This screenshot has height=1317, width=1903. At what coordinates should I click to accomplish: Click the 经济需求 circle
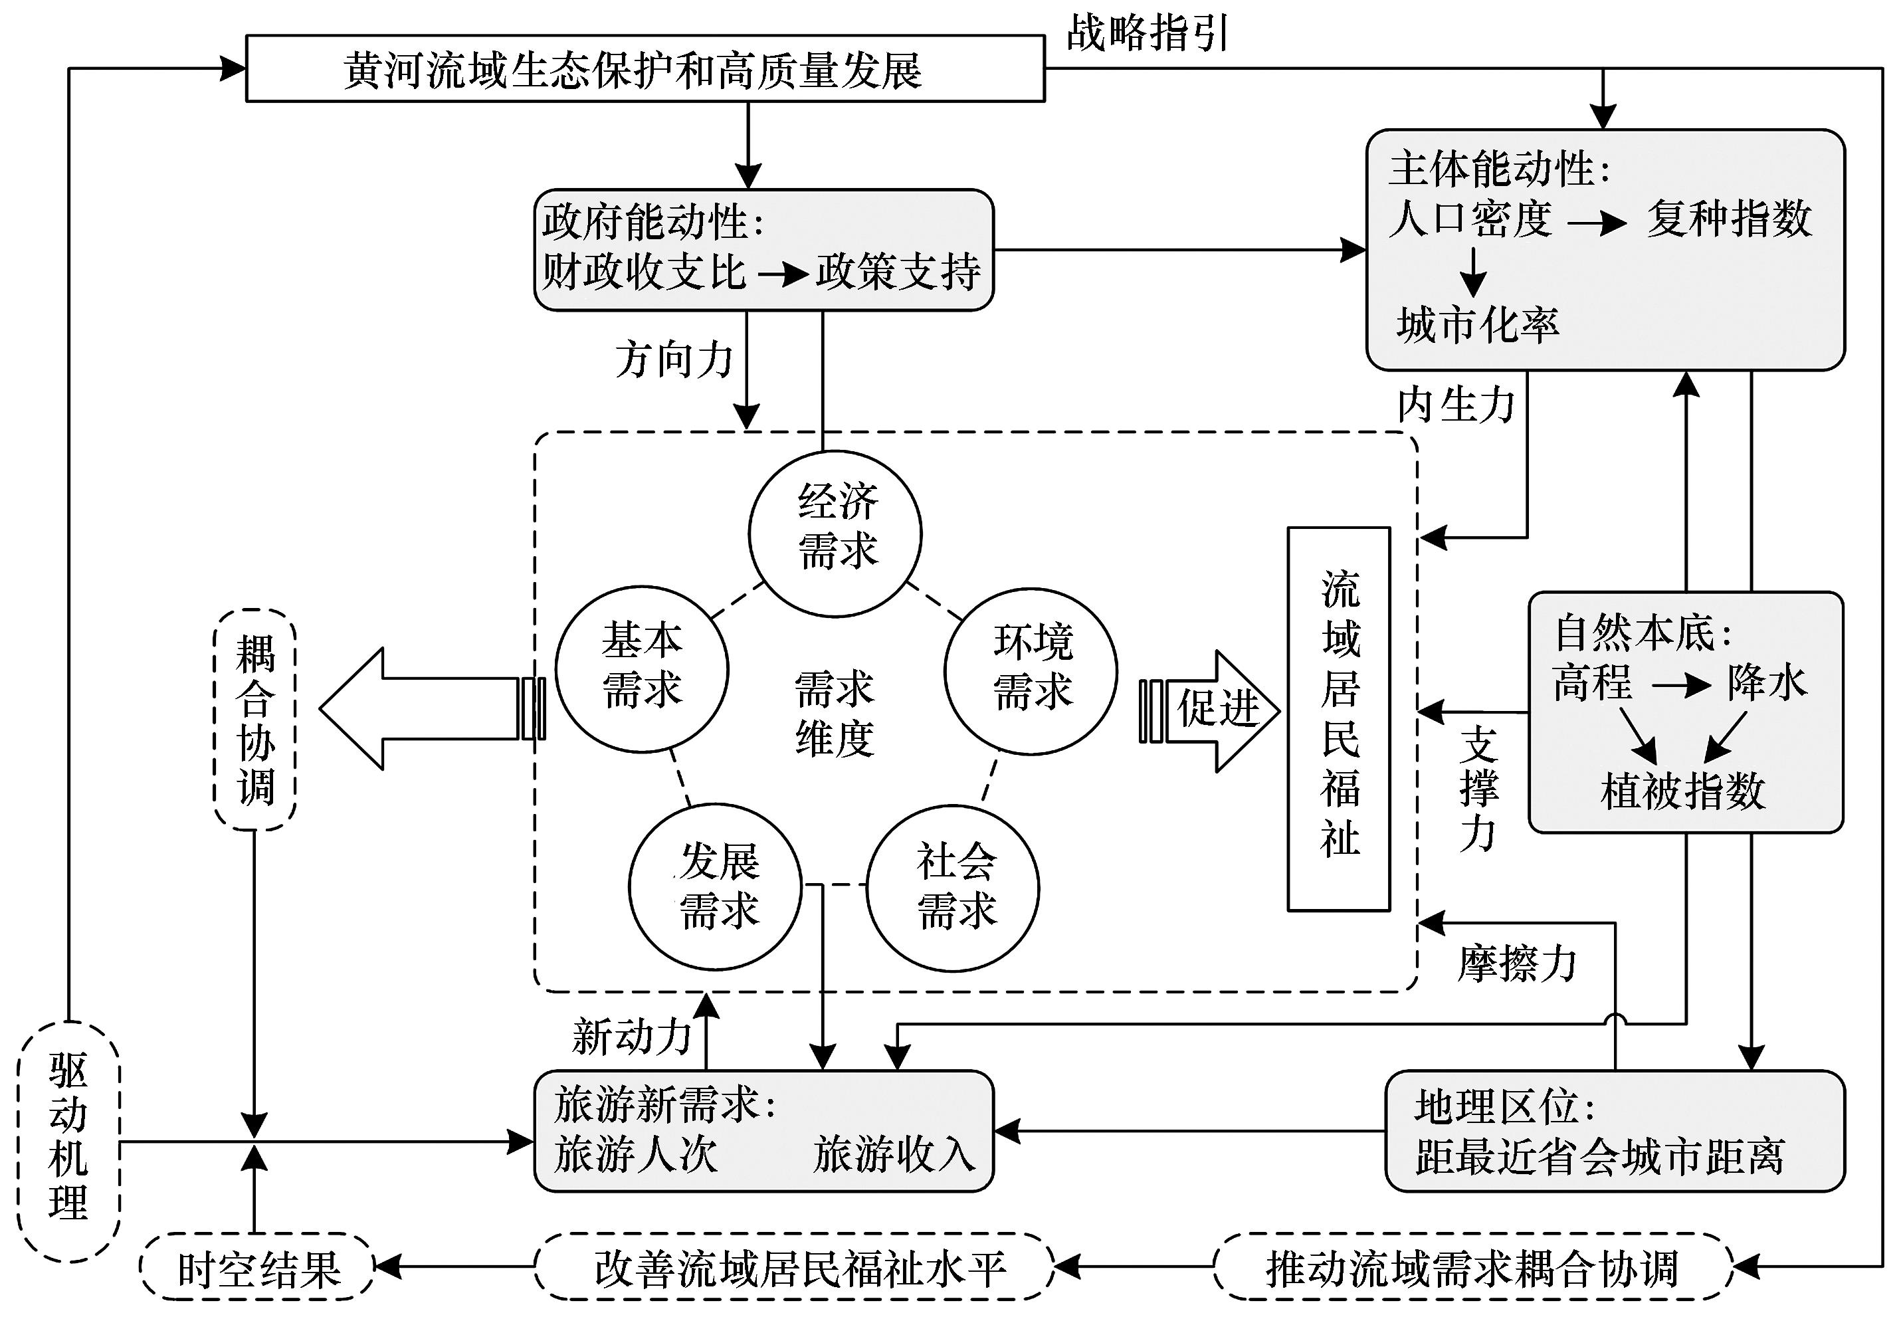pyautogui.click(x=835, y=533)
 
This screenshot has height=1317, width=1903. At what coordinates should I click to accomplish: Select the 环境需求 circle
pyautogui.click(x=1031, y=670)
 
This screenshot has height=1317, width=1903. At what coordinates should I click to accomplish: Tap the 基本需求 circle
pyautogui.click(x=642, y=668)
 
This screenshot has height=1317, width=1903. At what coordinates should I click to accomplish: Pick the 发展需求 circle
pyautogui.click(x=716, y=886)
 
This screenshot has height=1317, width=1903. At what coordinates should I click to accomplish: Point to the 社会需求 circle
pyautogui.click(x=953, y=888)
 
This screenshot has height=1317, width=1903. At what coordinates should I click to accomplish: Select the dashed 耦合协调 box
pyautogui.click(x=255, y=719)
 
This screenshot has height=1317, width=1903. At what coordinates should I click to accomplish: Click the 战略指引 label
pyautogui.click(x=1147, y=33)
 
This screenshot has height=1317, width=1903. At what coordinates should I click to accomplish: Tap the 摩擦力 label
pyautogui.click(x=1517, y=963)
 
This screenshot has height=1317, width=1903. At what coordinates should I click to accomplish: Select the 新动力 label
pyautogui.click(x=631, y=1037)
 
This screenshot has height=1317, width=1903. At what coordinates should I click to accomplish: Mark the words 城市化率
pyautogui.click(x=1477, y=324)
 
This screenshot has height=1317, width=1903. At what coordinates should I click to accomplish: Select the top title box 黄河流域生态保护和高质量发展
pyautogui.click(x=645, y=69)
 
